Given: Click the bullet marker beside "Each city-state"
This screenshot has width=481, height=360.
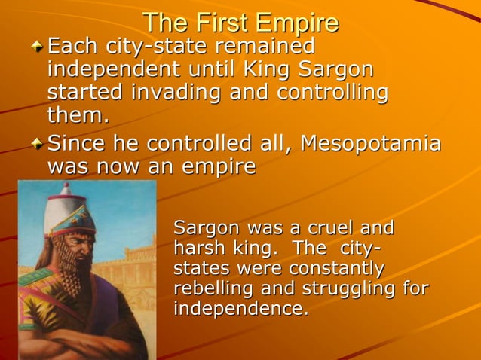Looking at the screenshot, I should [x=37, y=47].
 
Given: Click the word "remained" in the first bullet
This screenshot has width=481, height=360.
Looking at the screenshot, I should [x=265, y=47].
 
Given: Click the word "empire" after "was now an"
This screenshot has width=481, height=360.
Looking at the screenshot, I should [x=220, y=166].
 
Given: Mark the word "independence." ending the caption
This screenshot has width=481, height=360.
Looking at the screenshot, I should [x=240, y=309].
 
